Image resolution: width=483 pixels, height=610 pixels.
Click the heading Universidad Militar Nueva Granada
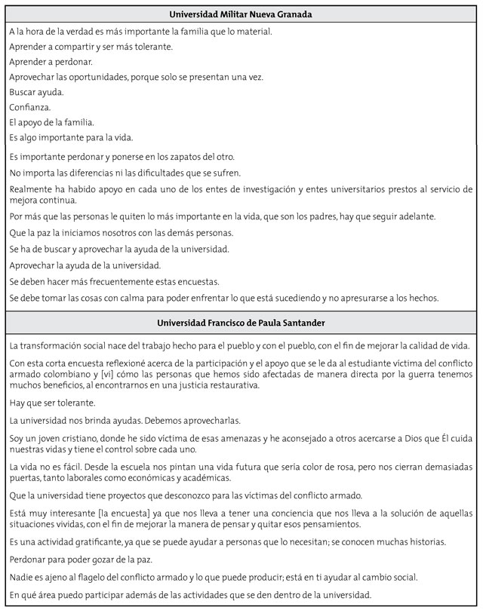pyautogui.click(x=241, y=14)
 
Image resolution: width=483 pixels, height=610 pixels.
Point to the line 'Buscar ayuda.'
pyautogui.click(x=37, y=92)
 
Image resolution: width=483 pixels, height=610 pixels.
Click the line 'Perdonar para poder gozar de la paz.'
pyautogui.click(x=85, y=560)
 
